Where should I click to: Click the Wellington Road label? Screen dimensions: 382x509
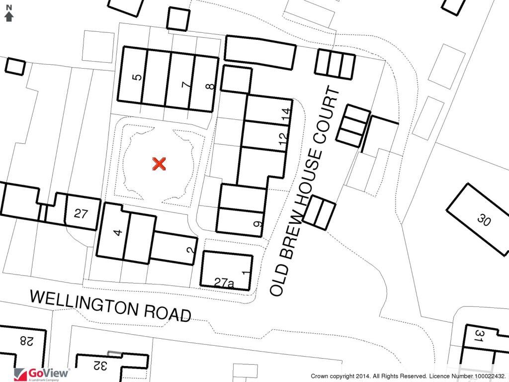(110, 305)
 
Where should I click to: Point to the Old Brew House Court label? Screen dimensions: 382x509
(306, 191)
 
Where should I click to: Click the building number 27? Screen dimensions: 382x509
(81, 214)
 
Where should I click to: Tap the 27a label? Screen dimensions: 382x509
(224, 283)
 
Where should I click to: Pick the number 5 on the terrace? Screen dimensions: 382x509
(138, 77)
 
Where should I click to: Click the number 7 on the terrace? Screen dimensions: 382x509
(186, 85)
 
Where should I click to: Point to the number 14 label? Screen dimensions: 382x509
(285, 114)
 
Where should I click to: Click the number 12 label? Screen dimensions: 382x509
(283, 139)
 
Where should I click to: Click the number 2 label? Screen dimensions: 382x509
(190, 250)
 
